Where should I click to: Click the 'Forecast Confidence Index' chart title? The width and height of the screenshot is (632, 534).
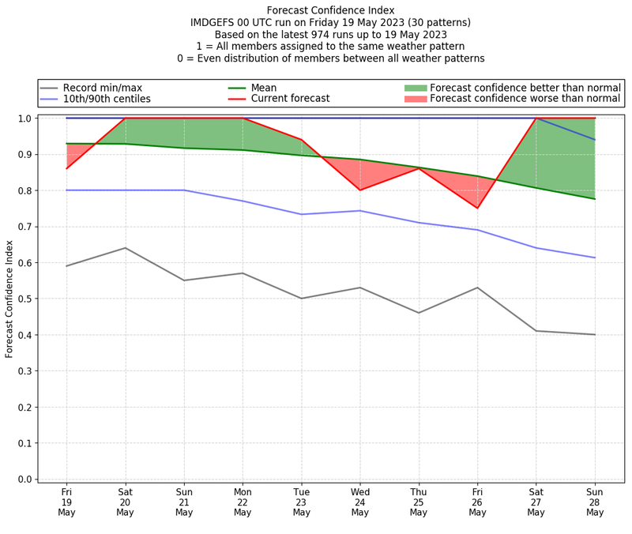click(x=330, y=9)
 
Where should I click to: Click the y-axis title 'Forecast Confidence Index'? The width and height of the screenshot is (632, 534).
click(x=9, y=299)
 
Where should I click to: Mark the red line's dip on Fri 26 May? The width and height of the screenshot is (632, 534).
click(x=477, y=209)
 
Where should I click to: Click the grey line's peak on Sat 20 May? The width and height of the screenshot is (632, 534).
click(x=125, y=248)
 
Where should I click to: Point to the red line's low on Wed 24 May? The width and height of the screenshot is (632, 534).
click(x=360, y=190)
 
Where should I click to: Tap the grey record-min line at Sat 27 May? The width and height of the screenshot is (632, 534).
click(x=536, y=331)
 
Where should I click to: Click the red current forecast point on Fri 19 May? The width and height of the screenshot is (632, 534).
click(x=66, y=168)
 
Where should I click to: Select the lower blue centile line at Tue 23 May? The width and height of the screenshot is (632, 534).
click(x=301, y=214)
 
